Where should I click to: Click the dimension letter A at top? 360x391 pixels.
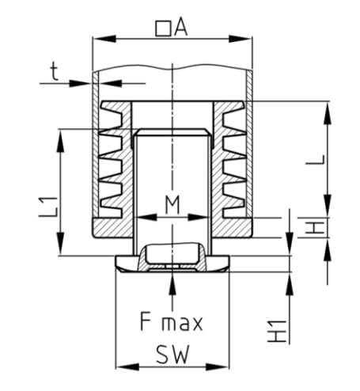[x=181, y=28]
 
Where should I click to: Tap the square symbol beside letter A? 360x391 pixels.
[x=163, y=28]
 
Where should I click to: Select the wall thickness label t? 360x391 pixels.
[x=55, y=71]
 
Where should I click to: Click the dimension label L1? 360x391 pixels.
[x=48, y=207]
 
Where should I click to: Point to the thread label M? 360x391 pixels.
[x=172, y=204]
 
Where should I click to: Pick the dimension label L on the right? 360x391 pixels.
[x=315, y=160]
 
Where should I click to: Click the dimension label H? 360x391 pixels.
[x=315, y=228]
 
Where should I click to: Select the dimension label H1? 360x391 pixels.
[x=277, y=332]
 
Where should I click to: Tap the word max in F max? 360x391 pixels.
[x=182, y=323]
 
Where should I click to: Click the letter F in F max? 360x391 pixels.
[x=146, y=321]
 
